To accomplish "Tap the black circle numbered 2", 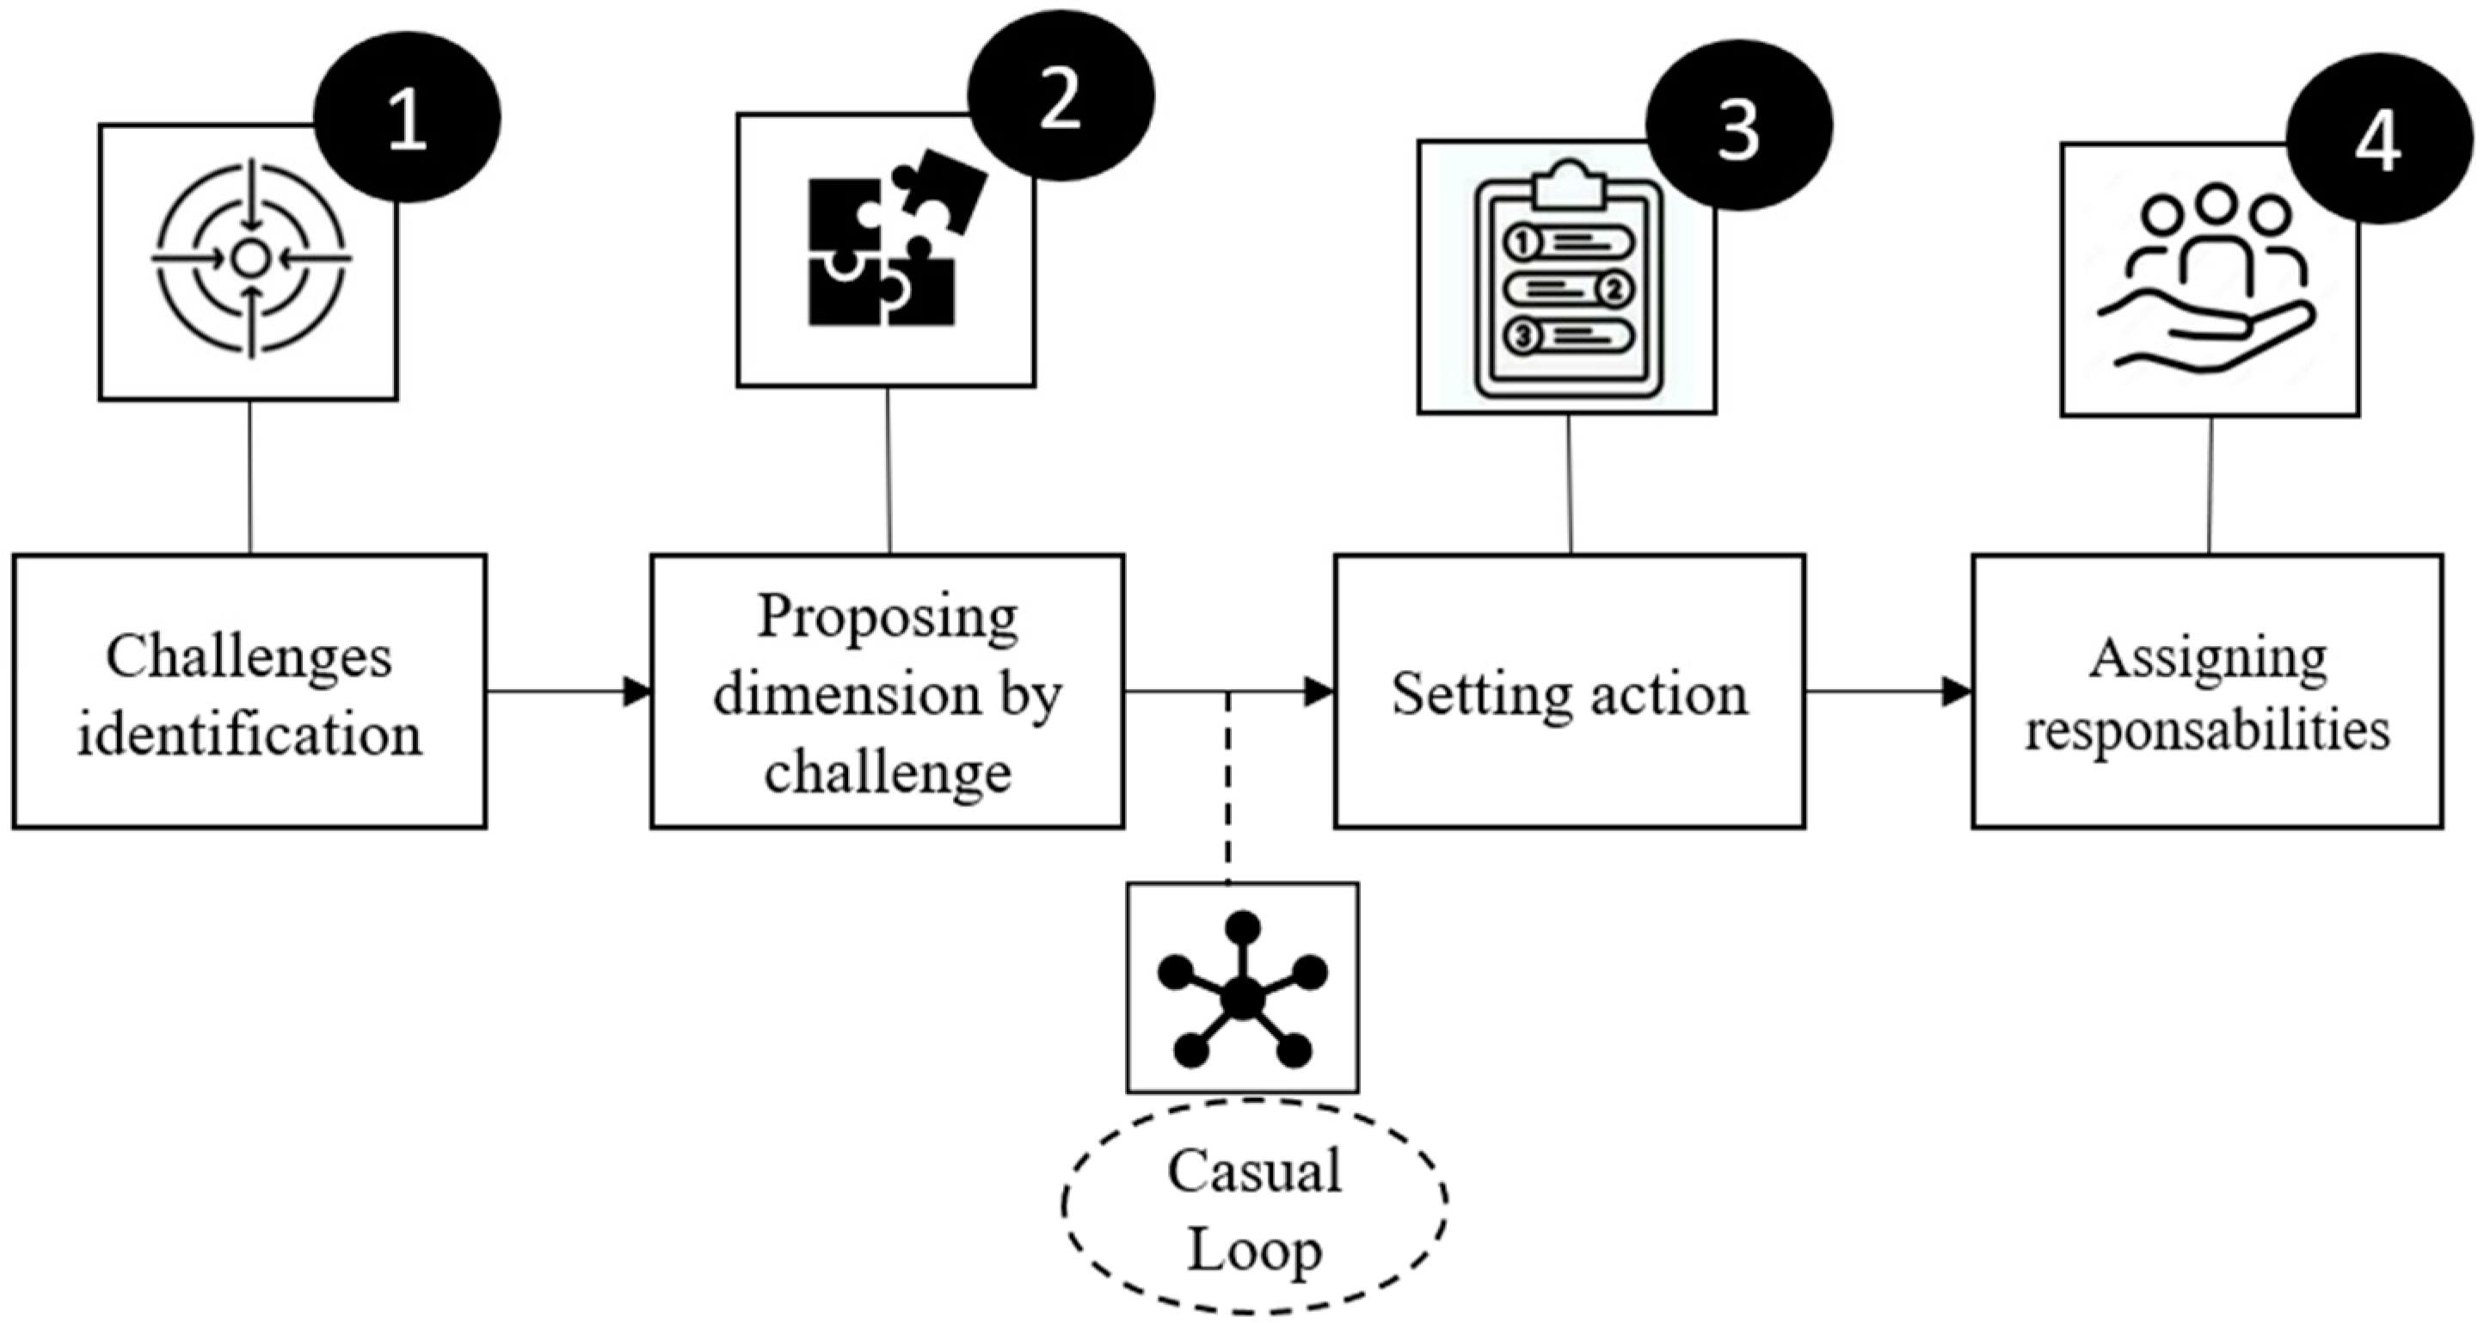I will click(x=1061, y=96).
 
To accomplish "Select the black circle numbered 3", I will click(x=1738, y=126).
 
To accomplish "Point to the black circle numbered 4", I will click(x=2379, y=138).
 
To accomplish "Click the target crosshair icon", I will click(x=250, y=258).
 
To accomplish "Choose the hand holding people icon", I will click(x=2208, y=280).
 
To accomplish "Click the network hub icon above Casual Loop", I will click(x=1242, y=989).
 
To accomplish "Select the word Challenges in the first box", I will click(x=249, y=658).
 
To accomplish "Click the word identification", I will click(x=249, y=735).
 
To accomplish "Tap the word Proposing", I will click(x=887, y=617).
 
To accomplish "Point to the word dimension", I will click(x=845, y=694).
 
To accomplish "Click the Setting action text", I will click(x=1569, y=694).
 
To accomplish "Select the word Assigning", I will click(x=2208, y=660).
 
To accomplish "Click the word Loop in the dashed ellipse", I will click(x=1253, y=1251).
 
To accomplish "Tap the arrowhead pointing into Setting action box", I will click(x=1319, y=692).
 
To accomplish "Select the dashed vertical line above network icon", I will click(x=1227, y=786).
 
